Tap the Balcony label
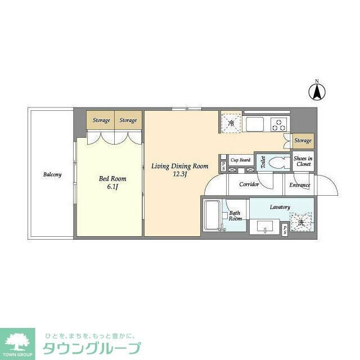coord(52,174)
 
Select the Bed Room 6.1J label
coord(112,182)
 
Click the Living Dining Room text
coord(180,166)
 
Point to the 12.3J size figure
coord(180,174)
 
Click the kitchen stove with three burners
coord(279,124)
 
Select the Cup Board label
coord(240,160)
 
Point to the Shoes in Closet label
coord(303,161)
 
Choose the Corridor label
coord(249,184)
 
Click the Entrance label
coord(300,185)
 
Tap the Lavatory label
coord(280,207)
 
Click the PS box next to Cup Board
coord(223,165)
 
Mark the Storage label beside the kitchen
coord(303,140)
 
